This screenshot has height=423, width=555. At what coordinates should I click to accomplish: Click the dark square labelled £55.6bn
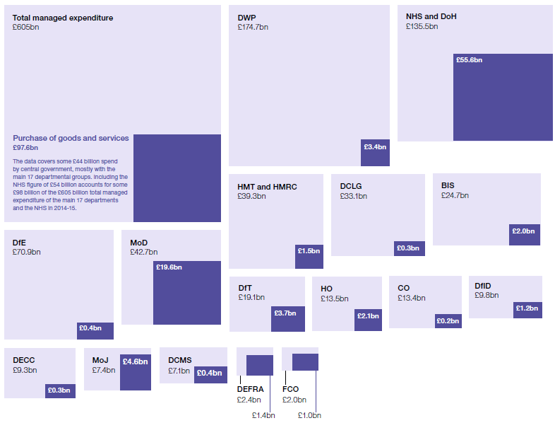(x=503, y=97)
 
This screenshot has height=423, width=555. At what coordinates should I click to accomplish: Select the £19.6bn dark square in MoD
(x=187, y=293)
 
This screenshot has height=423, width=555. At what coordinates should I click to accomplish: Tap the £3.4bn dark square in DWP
(x=375, y=152)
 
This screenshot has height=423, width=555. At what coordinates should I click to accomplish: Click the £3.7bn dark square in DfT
(x=288, y=318)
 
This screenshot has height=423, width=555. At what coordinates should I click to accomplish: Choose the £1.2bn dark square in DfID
(x=527, y=310)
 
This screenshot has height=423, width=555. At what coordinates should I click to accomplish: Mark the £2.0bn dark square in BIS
(x=525, y=235)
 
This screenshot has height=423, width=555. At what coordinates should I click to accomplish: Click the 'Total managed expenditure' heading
(x=62, y=18)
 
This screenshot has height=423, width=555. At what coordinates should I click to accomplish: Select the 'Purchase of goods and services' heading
(x=71, y=138)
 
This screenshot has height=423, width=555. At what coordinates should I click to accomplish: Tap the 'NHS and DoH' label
(x=431, y=16)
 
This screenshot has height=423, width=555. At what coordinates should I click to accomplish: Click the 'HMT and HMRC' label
(x=267, y=187)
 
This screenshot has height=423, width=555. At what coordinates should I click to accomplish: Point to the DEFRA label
(x=250, y=389)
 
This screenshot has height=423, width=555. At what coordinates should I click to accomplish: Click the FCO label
(x=290, y=389)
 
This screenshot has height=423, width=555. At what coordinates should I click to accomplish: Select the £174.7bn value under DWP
(x=253, y=27)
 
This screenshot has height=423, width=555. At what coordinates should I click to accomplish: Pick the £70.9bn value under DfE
(x=27, y=252)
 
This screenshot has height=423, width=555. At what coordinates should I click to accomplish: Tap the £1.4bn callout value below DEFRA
(x=263, y=415)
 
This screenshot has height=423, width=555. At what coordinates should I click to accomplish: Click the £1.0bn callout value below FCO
(x=309, y=415)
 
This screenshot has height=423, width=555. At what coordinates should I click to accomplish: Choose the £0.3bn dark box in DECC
(x=60, y=390)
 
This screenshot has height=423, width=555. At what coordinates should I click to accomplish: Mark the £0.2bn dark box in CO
(x=447, y=320)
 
